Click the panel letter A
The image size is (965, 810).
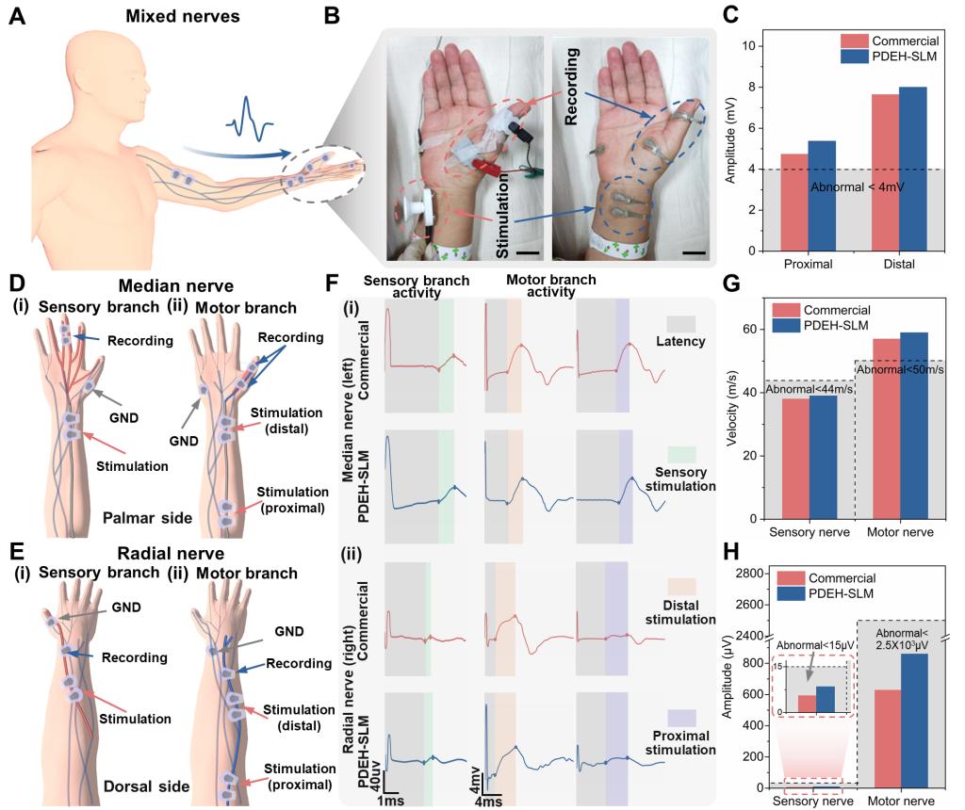point(17,18)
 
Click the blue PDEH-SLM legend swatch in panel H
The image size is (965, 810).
point(789,594)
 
